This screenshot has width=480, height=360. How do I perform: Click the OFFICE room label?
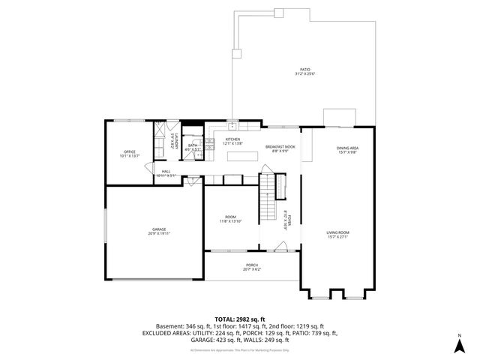pos(130,152)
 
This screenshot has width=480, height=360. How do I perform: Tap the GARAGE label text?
pos(159,229)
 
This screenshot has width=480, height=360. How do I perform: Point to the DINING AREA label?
pos(347,148)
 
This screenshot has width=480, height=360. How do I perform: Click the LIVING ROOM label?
pos(337,233)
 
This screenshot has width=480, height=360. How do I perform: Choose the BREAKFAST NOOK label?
pos(280,146)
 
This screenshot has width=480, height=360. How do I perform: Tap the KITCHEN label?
pos(233,139)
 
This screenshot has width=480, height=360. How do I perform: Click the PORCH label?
pos(252,265)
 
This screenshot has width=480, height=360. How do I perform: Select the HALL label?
pos(166,172)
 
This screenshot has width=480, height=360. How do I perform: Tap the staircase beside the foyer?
pos(269,195)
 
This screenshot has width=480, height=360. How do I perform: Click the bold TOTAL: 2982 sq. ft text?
pos(239,319)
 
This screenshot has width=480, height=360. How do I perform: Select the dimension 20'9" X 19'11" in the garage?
pos(159,234)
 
